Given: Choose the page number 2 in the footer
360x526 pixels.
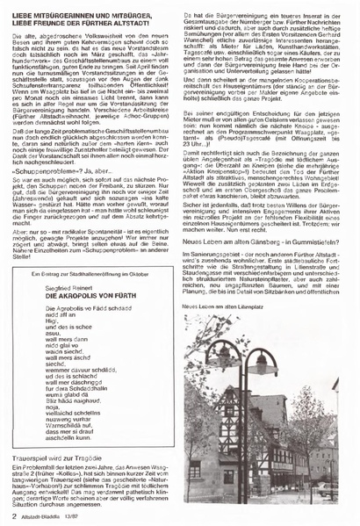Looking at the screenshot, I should point(15,515).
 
